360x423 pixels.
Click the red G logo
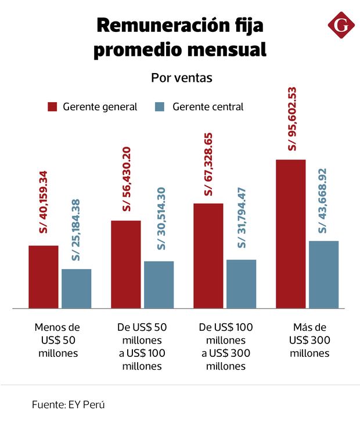tap(341, 26)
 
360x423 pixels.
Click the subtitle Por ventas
tap(181, 77)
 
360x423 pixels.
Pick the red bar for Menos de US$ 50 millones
tap(44, 277)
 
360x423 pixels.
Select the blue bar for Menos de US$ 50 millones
tap(77, 288)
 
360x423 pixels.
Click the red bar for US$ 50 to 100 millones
tap(126, 264)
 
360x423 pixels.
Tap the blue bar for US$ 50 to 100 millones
tap(159, 284)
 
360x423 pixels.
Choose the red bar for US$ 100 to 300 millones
tap(208, 255)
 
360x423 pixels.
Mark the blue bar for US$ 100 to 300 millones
tap(242, 284)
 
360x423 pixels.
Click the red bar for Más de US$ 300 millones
tap(291, 233)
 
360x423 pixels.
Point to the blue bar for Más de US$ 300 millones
tap(324, 274)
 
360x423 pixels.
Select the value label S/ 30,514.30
tap(161, 219)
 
